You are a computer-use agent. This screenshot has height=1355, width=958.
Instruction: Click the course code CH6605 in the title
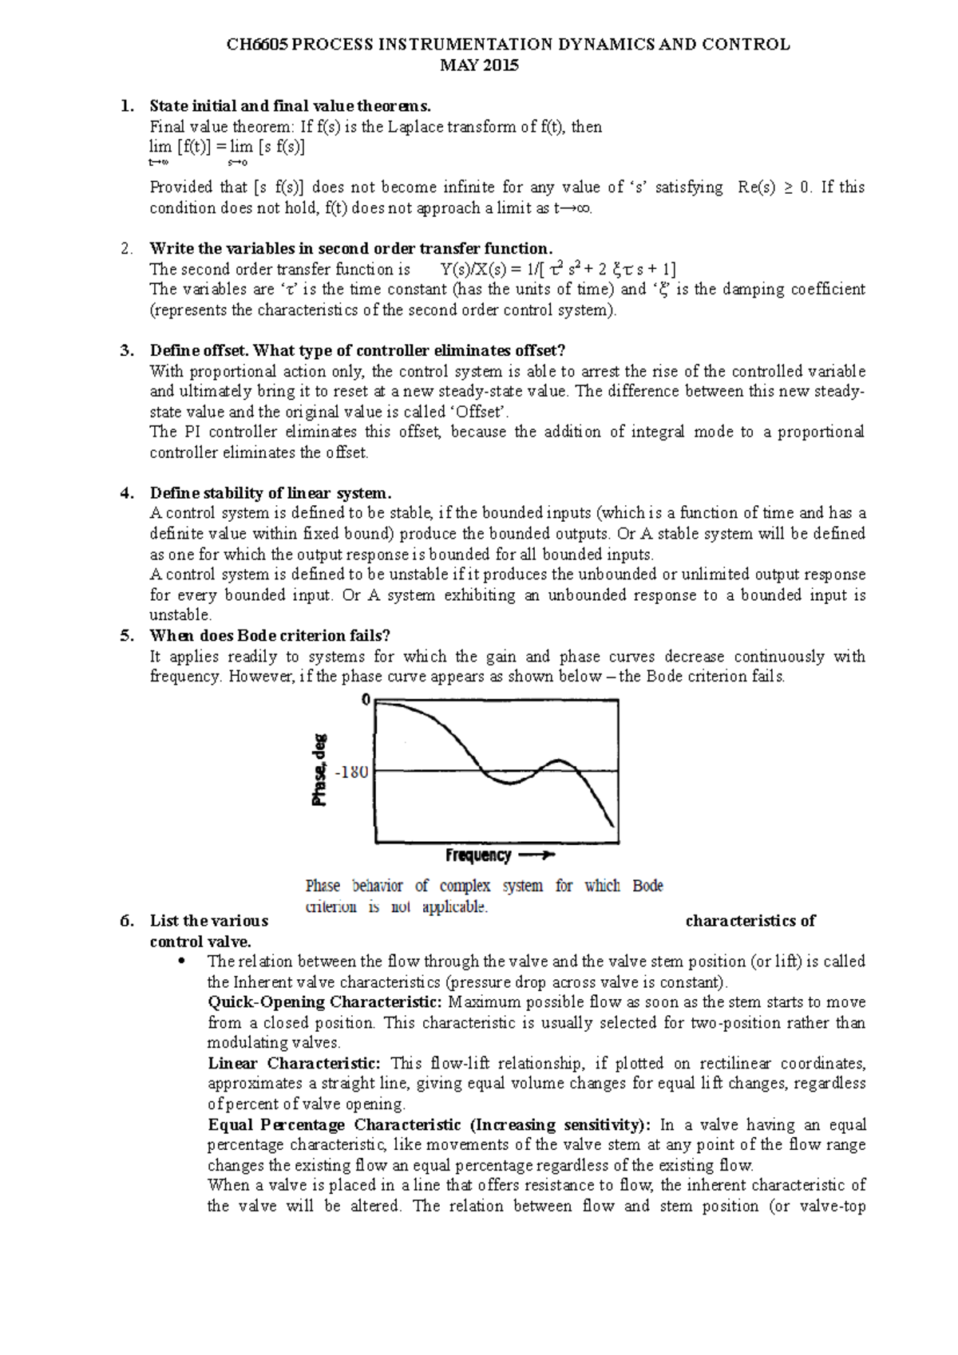click(257, 45)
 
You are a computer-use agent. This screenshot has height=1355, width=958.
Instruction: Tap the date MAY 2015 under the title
click(479, 65)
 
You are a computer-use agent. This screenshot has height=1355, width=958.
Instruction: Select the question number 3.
click(126, 350)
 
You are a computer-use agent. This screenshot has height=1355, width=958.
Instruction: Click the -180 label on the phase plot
click(352, 772)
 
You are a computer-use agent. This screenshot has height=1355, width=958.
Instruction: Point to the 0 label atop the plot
click(366, 700)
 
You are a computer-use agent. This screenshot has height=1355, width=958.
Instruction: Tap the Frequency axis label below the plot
click(478, 855)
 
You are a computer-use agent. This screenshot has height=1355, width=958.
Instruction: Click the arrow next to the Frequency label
click(536, 855)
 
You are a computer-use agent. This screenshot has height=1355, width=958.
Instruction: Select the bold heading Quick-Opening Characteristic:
click(324, 1002)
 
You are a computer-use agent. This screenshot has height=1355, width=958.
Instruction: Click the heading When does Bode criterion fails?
click(270, 636)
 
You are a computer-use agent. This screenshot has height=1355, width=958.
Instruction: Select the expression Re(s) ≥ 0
click(774, 188)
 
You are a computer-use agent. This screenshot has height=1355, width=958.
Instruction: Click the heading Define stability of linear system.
click(271, 493)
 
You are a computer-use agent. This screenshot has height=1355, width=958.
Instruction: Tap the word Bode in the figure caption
click(647, 886)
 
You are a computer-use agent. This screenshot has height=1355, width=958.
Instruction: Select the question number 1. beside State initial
click(126, 106)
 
